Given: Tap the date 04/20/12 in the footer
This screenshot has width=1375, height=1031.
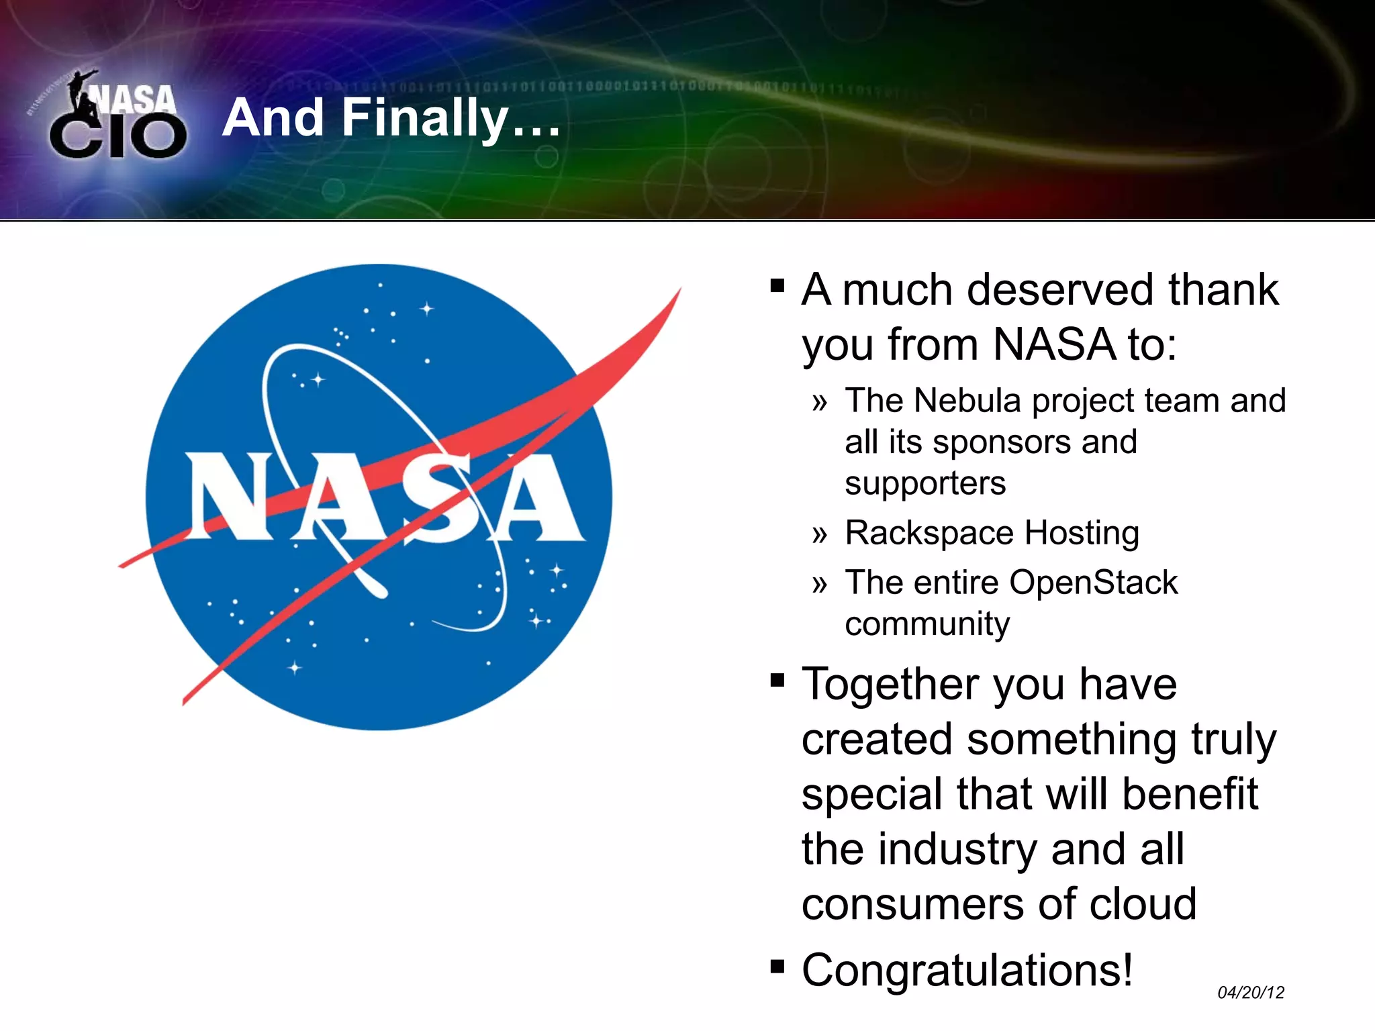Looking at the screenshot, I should pos(1250,992).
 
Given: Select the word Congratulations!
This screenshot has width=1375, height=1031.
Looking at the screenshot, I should pos(967,971).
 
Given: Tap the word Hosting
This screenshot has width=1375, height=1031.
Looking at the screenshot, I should pos(1082,534).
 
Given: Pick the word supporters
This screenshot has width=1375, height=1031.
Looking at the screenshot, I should pos(925,484).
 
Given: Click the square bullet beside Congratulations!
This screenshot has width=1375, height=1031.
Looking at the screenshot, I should pos(777,967).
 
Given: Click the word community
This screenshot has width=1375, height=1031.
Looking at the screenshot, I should pos(927,625).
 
